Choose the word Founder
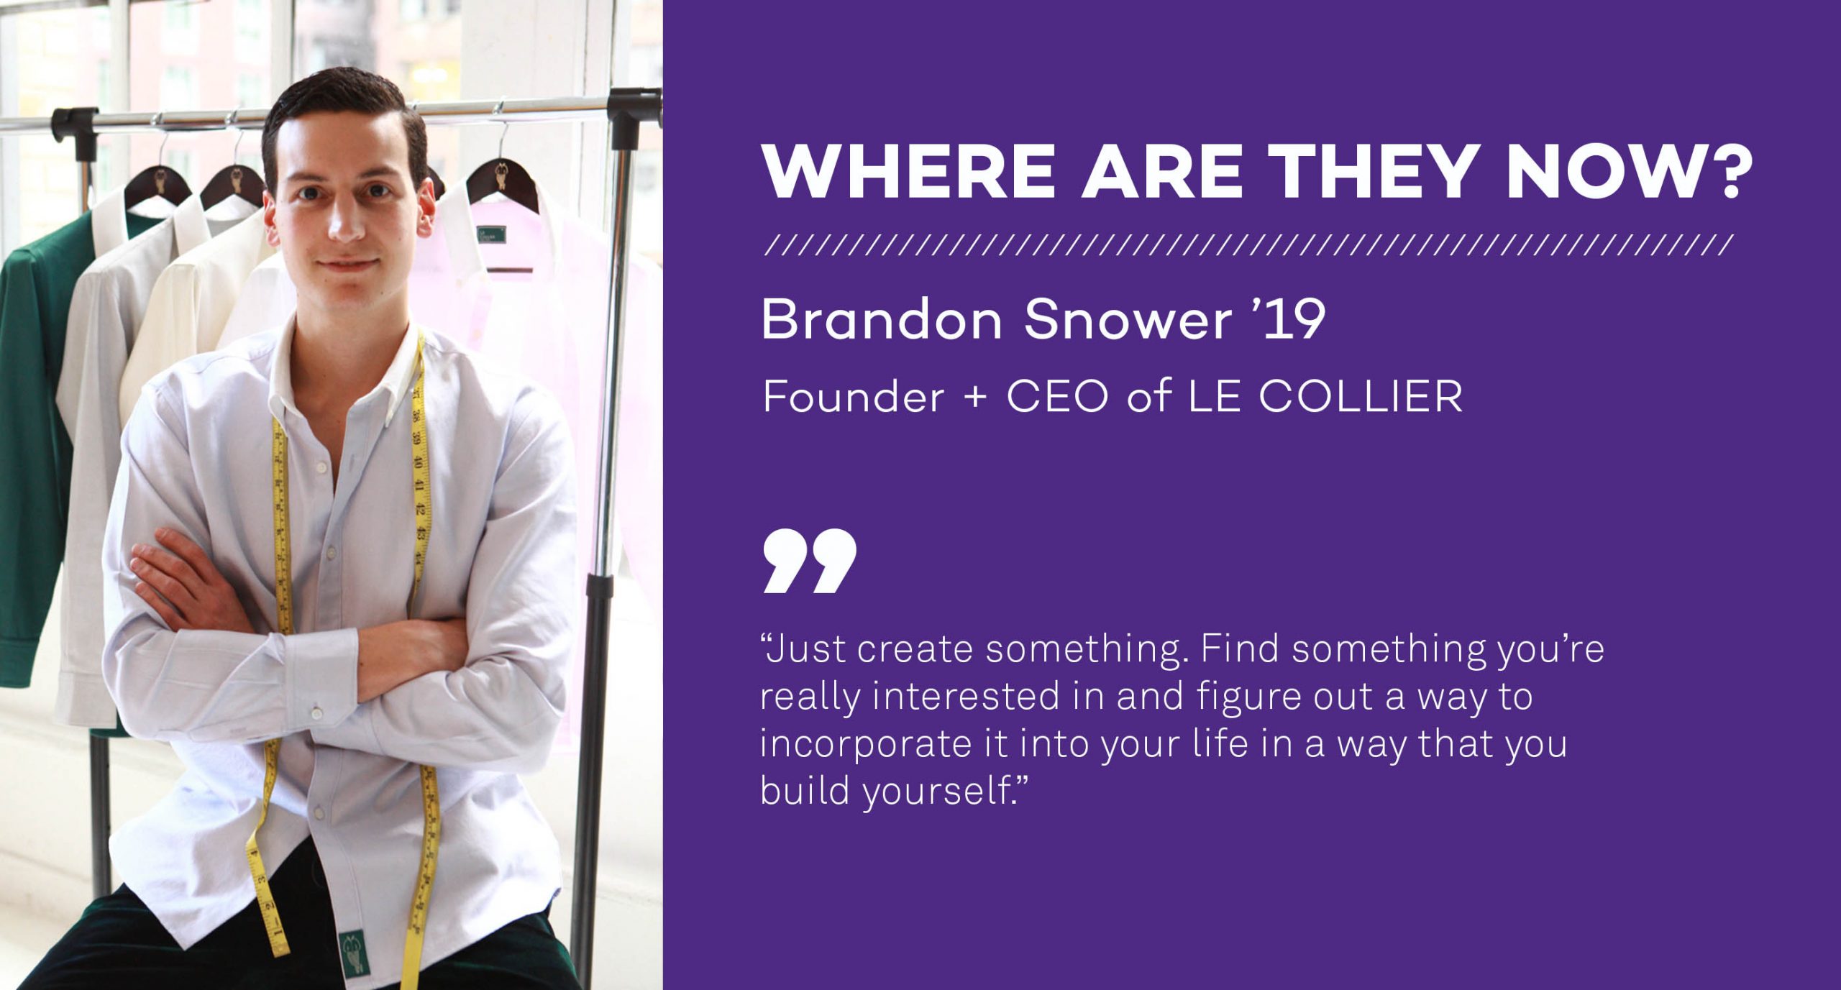click(x=853, y=396)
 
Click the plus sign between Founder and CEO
click(x=975, y=398)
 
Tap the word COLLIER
click(x=1361, y=396)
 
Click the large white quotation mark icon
click(x=810, y=561)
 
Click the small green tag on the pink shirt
click(x=491, y=234)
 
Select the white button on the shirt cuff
click(x=316, y=712)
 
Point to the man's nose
click(x=347, y=224)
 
